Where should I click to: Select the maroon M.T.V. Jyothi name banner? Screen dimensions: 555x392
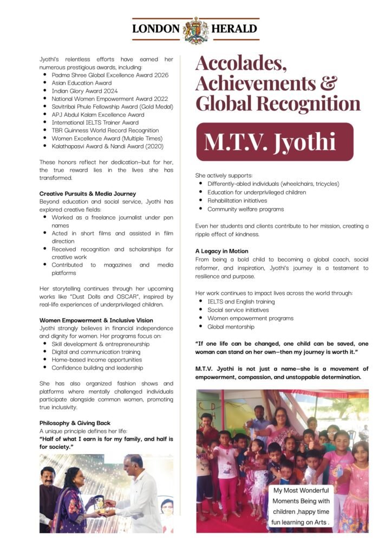(x=275, y=141)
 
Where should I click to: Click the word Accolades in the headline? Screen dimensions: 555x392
(x=241, y=63)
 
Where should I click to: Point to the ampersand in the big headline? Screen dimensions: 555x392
(x=325, y=83)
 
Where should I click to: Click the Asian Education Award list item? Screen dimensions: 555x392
(x=81, y=83)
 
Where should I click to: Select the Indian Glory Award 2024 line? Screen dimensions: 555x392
(x=84, y=91)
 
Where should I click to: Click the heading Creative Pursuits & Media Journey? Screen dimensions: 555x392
(x=87, y=193)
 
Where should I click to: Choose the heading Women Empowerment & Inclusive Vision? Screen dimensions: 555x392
(x=96, y=320)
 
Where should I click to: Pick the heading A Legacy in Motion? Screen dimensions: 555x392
(x=222, y=251)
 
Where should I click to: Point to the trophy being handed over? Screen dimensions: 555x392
(x=99, y=503)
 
